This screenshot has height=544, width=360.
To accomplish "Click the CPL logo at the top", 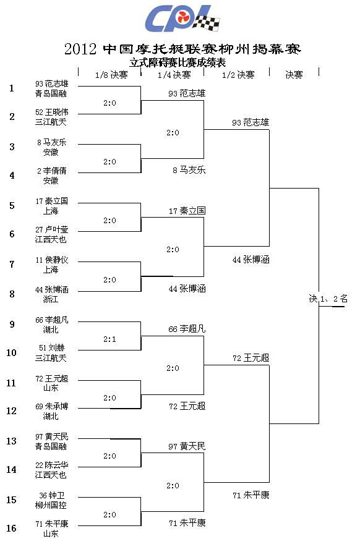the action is tap(182, 19).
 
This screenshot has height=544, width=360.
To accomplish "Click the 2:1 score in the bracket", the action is tap(109, 339).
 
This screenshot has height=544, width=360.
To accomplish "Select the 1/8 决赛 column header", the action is tap(111, 75).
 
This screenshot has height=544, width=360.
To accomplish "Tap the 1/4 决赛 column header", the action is tap(174, 75).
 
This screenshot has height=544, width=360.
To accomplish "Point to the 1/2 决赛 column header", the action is tap(238, 75).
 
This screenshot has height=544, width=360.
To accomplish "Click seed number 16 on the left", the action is tap(11, 528).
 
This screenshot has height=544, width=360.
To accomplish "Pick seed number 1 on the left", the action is tap(12, 88).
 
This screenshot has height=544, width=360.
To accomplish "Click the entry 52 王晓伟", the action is tap(52, 112).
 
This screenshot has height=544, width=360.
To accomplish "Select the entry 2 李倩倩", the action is tap(52, 171).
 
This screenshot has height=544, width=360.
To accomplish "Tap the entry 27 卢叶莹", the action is tap(52, 229).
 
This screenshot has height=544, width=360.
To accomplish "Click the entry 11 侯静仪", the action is tap(52, 260).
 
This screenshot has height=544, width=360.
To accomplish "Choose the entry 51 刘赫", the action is tap(52, 347).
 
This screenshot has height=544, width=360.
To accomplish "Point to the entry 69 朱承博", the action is tap(52, 406).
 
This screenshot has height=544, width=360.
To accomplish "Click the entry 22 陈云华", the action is tap(52, 465).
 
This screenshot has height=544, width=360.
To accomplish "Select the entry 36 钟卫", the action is tap(52, 495).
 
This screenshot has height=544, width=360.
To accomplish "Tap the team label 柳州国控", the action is tap(51, 505).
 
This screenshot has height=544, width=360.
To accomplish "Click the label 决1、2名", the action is tap(328, 299).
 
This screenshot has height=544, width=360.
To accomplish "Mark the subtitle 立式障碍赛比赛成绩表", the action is tap(178, 62).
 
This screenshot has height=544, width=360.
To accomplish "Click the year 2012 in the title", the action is tap(80, 49).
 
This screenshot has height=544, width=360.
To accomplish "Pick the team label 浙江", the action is tap(51, 299).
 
